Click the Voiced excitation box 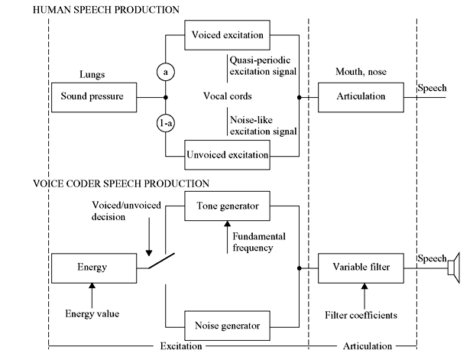227,35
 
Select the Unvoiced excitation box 227,155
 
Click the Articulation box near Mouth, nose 361,97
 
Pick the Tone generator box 227,205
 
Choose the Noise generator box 227,326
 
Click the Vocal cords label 227,97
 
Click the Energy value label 92,313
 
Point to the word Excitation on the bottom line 180,346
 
